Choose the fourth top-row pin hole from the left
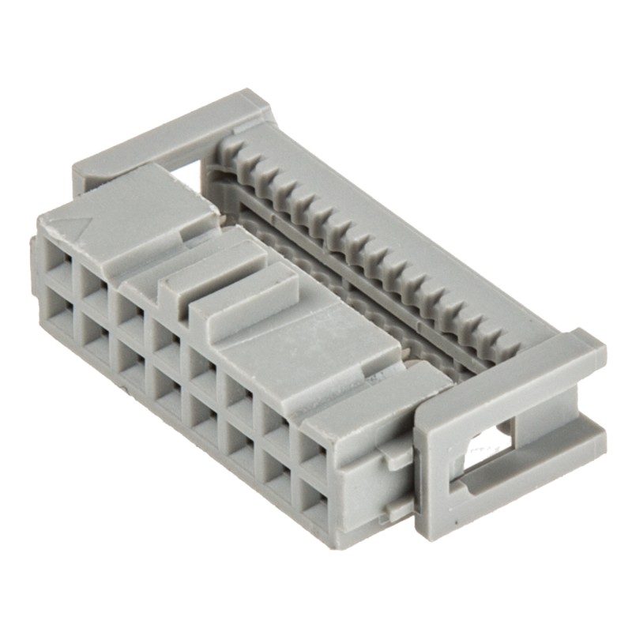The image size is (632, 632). click(164, 338)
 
